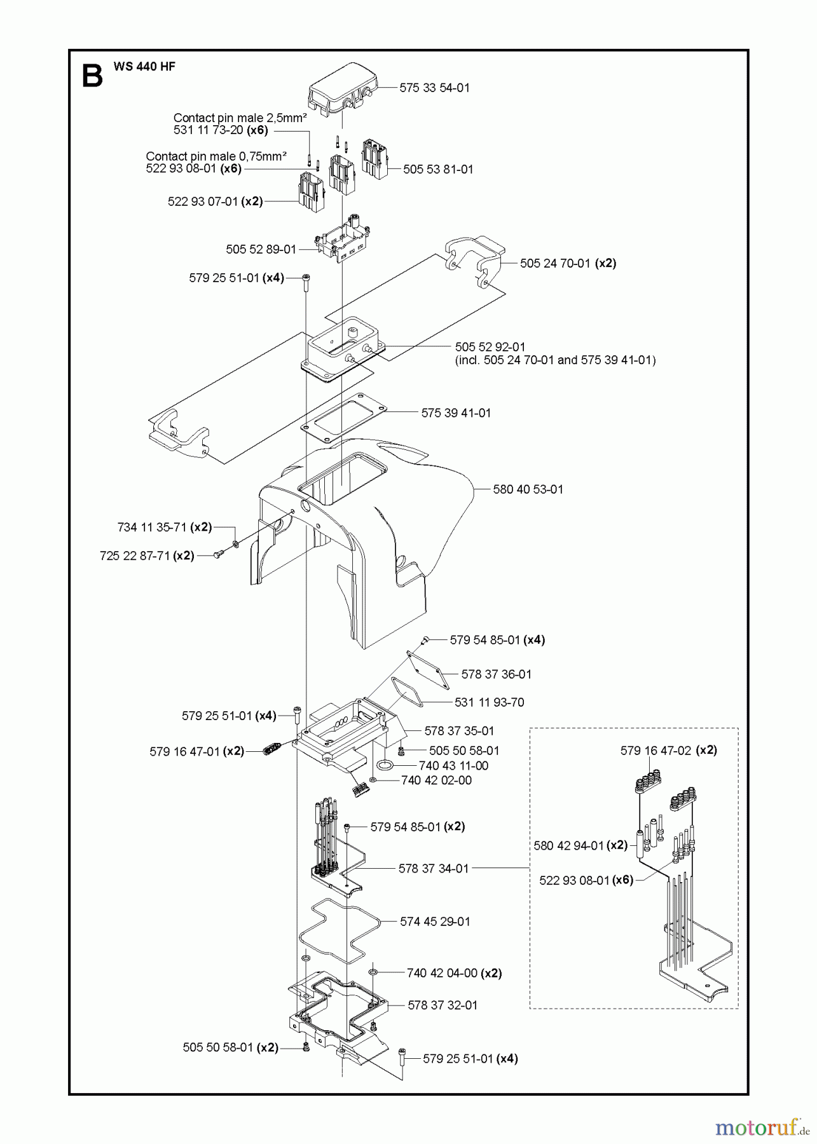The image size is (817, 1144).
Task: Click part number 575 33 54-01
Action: click(434, 88)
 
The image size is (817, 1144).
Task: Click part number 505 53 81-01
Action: click(438, 170)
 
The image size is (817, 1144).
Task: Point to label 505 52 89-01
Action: click(261, 249)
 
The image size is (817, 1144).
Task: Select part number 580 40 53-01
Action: click(528, 489)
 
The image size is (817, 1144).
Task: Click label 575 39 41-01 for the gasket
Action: click(456, 413)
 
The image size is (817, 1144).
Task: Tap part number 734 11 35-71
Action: click(153, 527)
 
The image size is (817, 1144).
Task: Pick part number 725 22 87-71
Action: click(135, 555)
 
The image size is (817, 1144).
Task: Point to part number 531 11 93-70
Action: click(489, 702)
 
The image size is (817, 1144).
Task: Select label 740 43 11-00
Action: click(453, 766)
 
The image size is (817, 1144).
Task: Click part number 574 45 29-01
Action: click(435, 922)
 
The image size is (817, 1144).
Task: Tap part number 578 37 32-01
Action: click(442, 1005)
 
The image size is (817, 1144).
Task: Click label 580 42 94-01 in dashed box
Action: click(568, 845)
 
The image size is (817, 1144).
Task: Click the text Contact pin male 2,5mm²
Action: click(240, 118)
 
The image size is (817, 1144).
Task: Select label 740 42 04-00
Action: click(441, 973)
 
